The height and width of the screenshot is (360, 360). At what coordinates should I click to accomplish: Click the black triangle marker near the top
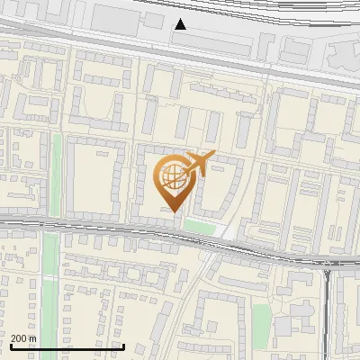point(181,24)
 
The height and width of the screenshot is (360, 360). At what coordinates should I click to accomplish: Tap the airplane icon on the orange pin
point(199,163)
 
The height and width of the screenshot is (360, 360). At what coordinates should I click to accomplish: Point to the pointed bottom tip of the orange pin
point(173,211)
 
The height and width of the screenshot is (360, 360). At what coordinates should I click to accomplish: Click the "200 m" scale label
point(23,337)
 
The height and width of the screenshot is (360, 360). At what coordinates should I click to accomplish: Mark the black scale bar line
point(67,346)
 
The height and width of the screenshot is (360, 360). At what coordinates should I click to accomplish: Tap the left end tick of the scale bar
point(11,344)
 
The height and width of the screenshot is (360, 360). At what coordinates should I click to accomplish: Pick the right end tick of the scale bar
point(123,344)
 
